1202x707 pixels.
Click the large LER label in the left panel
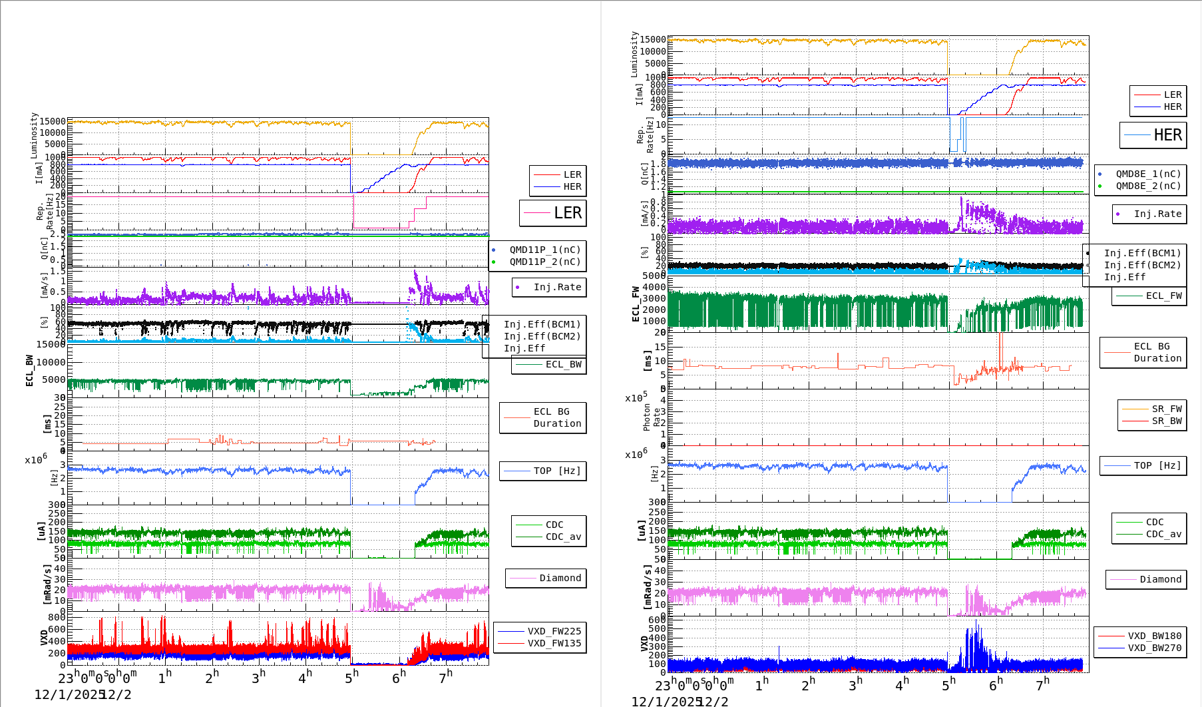tap(568, 213)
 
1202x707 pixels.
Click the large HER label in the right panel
tap(1167, 135)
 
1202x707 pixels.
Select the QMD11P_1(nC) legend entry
tap(544, 250)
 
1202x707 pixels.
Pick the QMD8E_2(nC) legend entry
tap(1148, 186)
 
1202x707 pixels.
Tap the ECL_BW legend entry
tap(563, 365)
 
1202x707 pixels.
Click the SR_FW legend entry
tap(1167, 409)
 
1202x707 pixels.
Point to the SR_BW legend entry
tap(1167, 421)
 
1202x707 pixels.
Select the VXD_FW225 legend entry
tap(554, 632)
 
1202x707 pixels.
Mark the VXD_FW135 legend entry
tap(554, 644)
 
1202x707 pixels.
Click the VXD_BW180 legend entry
tap(1154, 636)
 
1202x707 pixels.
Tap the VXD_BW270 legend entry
tap(1154, 648)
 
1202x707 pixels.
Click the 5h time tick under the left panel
tap(351, 678)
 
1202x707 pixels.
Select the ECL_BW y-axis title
tap(29, 370)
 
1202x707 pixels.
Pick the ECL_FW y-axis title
tap(636, 304)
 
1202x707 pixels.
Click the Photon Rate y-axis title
tap(652, 417)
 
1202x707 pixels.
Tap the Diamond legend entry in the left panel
tap(560, 579)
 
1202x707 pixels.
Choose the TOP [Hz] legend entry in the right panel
tap(1157, 466)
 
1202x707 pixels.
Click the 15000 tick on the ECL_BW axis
tap(51, 345)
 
